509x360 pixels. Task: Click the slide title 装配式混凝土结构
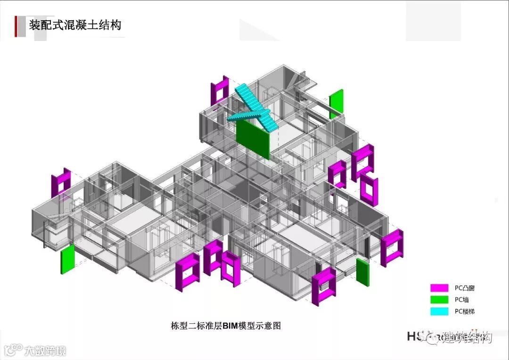pos(75,25)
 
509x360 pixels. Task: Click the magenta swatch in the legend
pos(439,287)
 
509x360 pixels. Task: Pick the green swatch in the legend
pos(439,300)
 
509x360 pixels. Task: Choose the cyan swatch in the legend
pos(439,311)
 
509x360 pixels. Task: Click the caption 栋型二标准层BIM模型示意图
pos(225,326)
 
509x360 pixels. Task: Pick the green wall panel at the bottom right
pos(362,272)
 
